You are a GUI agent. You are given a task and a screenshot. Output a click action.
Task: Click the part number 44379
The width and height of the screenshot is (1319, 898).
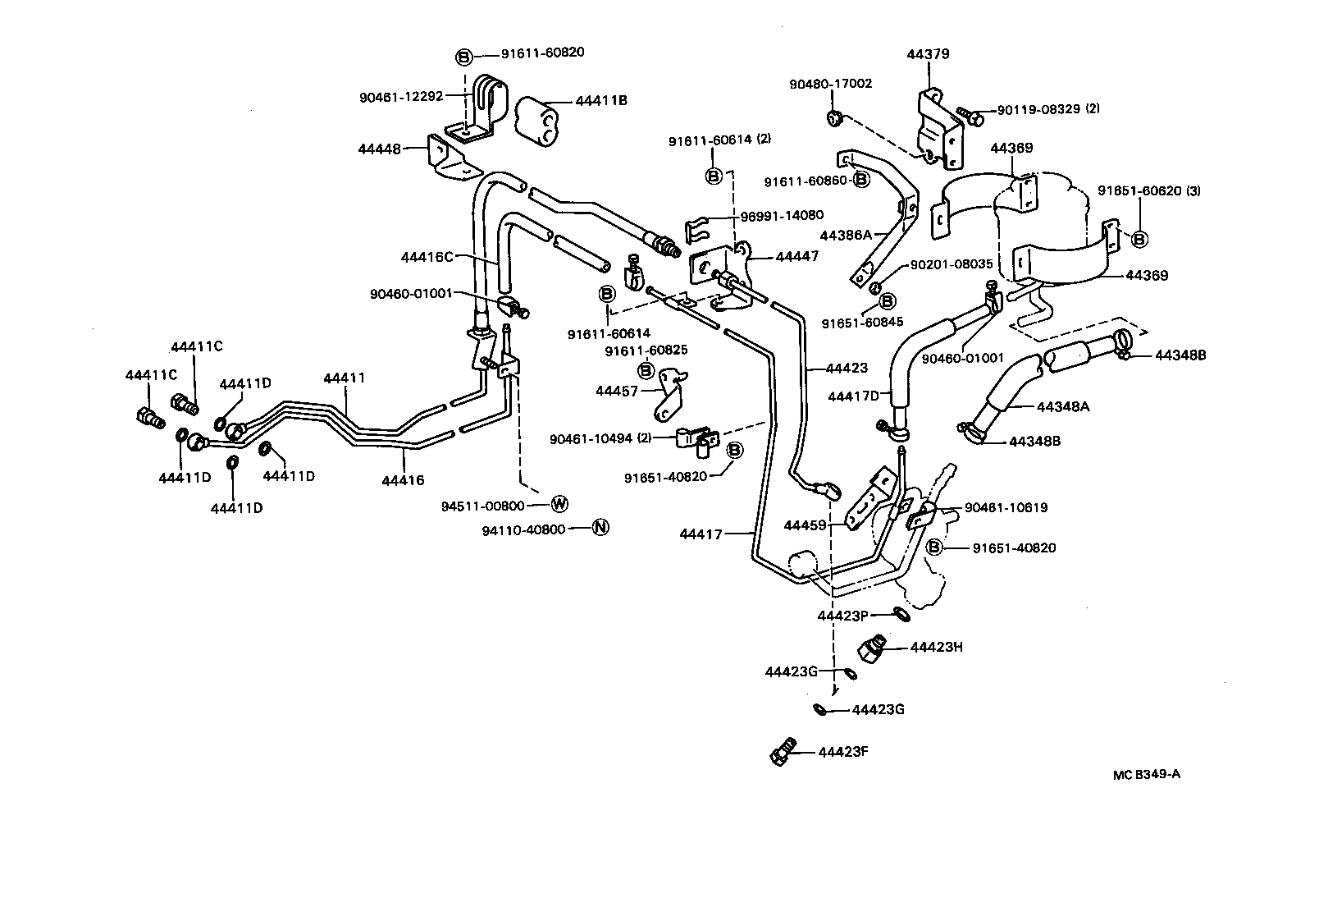coord(928,54)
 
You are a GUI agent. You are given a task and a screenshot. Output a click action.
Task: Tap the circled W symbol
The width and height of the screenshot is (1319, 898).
coord(559,503)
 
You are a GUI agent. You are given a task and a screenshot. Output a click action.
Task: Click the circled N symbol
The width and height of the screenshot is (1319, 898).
coord(600,528)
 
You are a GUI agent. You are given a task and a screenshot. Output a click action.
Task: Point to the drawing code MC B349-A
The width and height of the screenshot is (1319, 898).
coord(1147,774)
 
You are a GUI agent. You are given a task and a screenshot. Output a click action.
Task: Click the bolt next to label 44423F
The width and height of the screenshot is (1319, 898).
coord(782,751)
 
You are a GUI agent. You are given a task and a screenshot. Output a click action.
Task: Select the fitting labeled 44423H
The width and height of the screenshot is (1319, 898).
coord(874,648)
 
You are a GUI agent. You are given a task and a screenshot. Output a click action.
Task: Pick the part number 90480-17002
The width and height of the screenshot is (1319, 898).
coord(831,84)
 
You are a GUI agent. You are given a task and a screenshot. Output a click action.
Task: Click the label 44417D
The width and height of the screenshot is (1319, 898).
coord(853,396)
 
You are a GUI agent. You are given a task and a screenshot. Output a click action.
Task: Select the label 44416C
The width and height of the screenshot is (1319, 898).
coord(427,257)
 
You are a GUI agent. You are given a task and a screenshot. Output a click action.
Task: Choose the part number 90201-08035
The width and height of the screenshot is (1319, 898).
coord(952,264)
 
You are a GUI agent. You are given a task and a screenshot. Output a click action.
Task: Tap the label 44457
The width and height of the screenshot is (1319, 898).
coord(617,392)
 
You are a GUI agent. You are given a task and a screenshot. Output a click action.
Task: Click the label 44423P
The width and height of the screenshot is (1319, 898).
coord(842,616)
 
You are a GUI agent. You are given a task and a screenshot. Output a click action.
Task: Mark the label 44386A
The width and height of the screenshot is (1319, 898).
coord(847,235)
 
